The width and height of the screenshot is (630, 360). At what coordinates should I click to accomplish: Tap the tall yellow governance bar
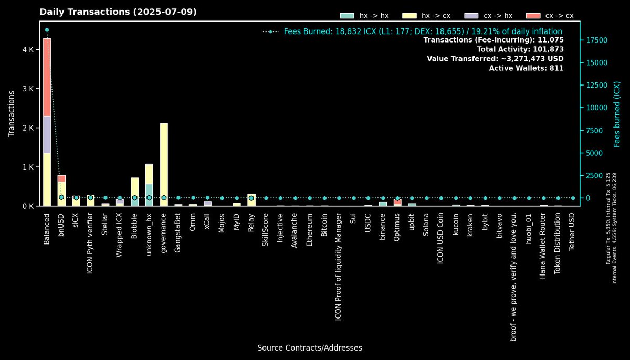[164, 163]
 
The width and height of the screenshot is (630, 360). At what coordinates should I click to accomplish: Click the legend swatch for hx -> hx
[347, 16]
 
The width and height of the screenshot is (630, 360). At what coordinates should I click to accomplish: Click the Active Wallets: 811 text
[526, 68]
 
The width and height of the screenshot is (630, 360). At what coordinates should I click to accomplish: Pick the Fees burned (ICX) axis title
[617, 114]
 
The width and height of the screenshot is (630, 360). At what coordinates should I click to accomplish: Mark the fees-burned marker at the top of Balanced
[47, 30]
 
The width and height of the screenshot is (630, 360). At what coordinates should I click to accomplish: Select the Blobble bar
[135, 192]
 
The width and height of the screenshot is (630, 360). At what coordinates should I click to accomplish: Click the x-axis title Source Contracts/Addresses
[310, 348]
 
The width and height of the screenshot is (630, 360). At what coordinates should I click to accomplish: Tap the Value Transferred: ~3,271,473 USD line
[495, 59]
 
